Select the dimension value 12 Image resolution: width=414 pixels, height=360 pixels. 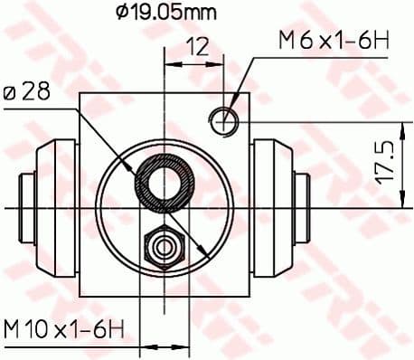pyautogui.click(x=199, y=46)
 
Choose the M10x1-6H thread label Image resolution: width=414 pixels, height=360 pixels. pyautogui.click(x=63, y=327)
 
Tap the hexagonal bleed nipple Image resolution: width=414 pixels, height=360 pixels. pyautogui.click(x=164, y=244)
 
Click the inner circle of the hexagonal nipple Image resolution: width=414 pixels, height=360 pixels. pyautogui.click(x=164, y=244)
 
